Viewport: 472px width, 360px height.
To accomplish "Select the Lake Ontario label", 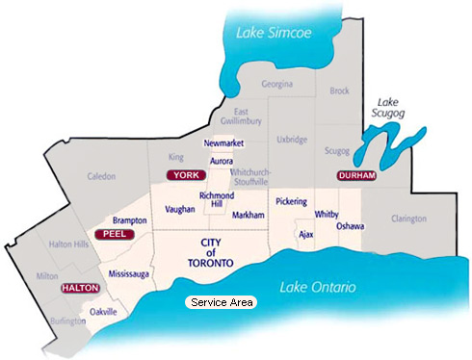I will click(318, 288).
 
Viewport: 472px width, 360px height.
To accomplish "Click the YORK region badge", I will click(187, 175).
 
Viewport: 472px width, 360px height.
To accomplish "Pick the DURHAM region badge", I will click(355, 176).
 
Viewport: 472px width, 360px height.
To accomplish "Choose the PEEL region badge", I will click(113, 234).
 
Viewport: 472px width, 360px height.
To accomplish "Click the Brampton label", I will click(129, 220).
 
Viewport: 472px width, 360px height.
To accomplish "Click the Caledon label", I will click(101, 176).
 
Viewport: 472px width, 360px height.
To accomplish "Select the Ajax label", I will click(306, 234).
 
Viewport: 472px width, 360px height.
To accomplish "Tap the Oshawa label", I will click(351, 226).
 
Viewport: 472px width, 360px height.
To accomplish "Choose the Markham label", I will click(249, 216).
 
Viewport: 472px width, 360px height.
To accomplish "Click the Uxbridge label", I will click(291, 140).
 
